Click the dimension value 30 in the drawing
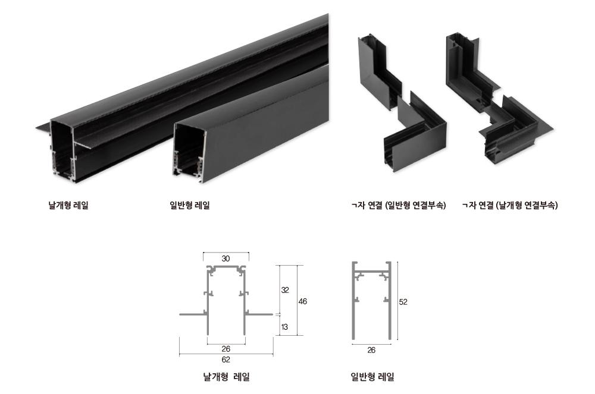click(x=226, y=259)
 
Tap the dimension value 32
click(x=285, y=290)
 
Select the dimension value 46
click(x=302, y=301)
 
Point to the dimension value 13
click(x=284, y=327)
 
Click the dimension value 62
click(x=226, y=360)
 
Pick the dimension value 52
click(x=403, y=302)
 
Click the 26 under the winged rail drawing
click(x=226, y=349)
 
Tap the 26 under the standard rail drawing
click(x=371, y=350)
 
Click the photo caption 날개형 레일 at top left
click(x=68, y=206)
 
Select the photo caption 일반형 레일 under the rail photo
click(x=190, y=206)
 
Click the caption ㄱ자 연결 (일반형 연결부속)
click(x=399, y=206)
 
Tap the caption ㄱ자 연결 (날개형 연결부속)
click(x=510, y=206)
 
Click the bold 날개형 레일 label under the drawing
click(x=227, y=377)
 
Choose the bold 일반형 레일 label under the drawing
click(x=372, y=377)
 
